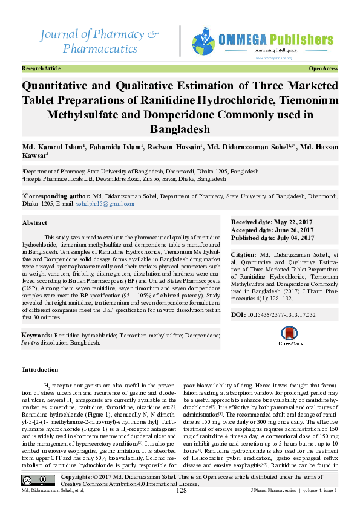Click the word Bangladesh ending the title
tap(180, 129)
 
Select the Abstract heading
tap(34, 222)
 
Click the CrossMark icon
tap(290, 336)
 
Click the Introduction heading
tap(40, 369)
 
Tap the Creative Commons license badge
tap(39, 481)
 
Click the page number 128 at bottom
tap(181, 490)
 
